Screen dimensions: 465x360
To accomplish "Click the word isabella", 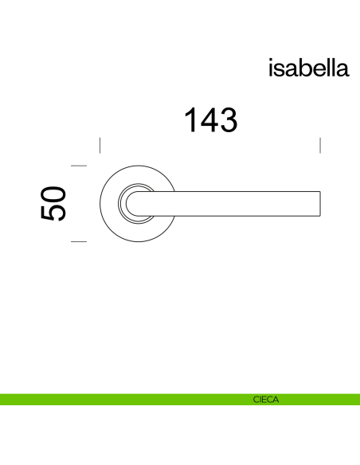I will point(309,68).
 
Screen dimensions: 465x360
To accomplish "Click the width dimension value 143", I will point(211,120).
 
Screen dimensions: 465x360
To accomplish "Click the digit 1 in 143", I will point(190,120).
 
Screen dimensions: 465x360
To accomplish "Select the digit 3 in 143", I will point(229,120).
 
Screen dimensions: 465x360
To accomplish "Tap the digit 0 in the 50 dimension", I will point(53,193).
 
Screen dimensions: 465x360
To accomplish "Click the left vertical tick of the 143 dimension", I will point(100,145).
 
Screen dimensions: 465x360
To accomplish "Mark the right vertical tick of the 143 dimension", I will point(319,145).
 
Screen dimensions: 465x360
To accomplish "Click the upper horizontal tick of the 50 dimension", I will point(78,166).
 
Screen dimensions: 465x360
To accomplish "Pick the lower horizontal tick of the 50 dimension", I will point(78,240).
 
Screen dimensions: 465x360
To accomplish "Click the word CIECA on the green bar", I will point(265,400).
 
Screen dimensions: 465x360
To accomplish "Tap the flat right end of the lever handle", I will point(319,203).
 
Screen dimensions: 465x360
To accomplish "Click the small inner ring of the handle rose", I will point(125,203).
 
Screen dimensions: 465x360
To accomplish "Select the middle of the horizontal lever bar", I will point(239,203).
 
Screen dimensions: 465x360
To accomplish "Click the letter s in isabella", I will point(280,70).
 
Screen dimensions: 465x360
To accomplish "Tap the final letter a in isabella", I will point(343,70).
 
